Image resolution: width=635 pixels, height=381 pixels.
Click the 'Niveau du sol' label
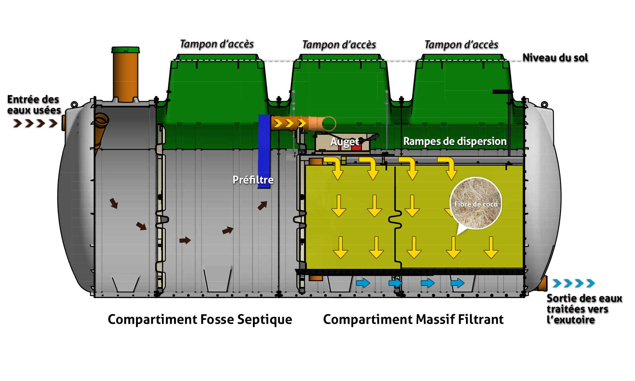click(555, 58)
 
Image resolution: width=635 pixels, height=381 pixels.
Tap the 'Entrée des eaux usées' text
click(34, 104)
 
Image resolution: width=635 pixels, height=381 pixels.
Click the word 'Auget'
click(345, 142)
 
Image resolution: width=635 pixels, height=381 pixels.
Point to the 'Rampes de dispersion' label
click(455, 141)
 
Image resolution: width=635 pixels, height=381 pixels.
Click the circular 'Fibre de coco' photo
click(476, 203)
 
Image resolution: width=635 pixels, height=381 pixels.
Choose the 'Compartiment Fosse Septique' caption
click(200, 320)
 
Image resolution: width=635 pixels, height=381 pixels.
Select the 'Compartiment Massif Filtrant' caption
click(413, 320)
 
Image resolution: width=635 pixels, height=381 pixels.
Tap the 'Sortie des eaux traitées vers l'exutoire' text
click(584, 309)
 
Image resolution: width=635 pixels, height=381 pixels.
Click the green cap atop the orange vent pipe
click(125, 50)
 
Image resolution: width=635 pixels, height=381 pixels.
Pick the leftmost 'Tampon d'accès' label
click(217, 44)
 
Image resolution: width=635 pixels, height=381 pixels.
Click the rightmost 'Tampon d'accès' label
click(461, 45)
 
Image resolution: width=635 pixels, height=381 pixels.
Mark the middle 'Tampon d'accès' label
click(339, 45)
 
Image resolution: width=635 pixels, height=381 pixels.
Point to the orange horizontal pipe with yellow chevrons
click(302, 124)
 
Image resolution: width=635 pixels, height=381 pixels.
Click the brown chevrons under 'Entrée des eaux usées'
click(35, 124)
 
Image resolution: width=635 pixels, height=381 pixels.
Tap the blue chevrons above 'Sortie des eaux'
click(574, 283)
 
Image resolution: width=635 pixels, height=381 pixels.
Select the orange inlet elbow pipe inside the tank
click(100, 128)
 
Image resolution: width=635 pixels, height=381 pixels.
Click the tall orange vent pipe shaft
click(125, 77)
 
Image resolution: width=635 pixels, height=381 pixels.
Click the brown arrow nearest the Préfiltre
click(262, 205)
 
